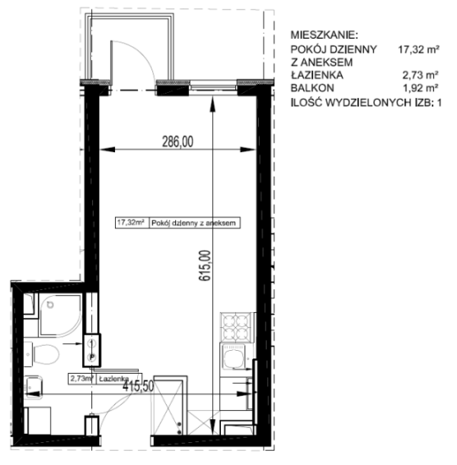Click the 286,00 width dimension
pos(178,141)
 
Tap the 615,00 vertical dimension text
pos(205,265)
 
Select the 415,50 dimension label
pos(139,386)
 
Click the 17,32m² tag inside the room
pos(131,222)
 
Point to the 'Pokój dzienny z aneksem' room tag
pos(194,223)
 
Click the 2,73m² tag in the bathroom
pos(81,379)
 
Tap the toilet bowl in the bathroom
pos(46,354)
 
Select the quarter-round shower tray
pos(60,315)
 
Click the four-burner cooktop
pos(236,327)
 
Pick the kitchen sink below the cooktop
pos(234,357)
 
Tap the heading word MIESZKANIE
pos(325,35)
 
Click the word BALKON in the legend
pos(312,88)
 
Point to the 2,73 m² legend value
pos(420,75)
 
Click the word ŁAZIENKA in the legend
pos(317,75)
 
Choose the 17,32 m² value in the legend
pos(418,49)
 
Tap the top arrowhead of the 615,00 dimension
pos(213,104)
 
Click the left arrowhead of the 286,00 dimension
pos(107,149)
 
